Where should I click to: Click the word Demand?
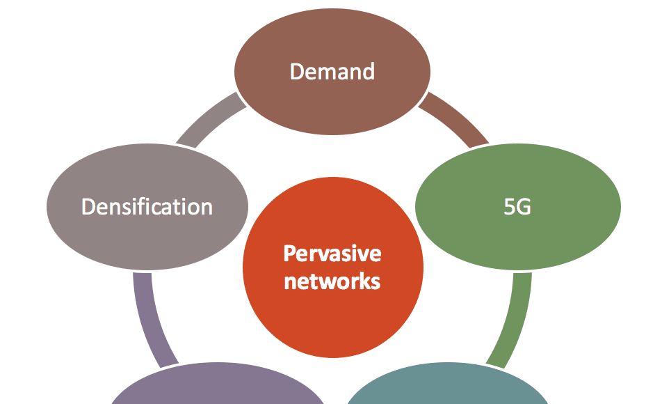(332, 71)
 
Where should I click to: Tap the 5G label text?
(517, 207)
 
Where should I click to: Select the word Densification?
(147, 207)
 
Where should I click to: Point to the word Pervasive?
(332, 253)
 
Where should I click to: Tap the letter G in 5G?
(524, 207)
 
